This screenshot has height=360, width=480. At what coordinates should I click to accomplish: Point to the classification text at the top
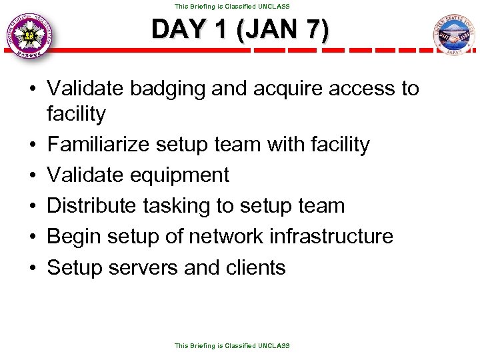(x=232, y=6)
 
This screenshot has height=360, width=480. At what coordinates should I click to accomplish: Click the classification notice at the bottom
(x=232, y=345)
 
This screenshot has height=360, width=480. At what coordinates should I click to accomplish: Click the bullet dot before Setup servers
(x=33, y=268)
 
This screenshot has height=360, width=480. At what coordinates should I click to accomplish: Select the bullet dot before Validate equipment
(x=33, y=176)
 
